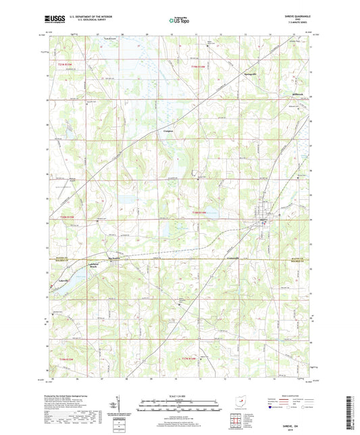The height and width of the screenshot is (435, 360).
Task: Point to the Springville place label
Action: (251, 71)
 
